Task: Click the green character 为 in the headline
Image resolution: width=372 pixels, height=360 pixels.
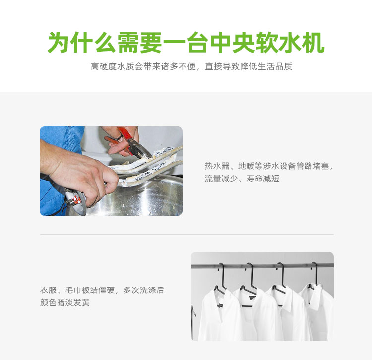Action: point(59,43)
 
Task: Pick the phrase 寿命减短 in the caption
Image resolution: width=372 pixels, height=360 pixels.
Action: point(262,178)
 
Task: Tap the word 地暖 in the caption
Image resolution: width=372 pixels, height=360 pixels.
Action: point(246,166)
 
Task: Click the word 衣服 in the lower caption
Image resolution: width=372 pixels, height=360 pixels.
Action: point(48,290)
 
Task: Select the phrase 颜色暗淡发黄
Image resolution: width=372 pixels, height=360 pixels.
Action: point(65,302)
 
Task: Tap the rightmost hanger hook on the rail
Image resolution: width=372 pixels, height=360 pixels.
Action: point(315,273)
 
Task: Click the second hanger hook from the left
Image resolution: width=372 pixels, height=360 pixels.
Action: point(250,276)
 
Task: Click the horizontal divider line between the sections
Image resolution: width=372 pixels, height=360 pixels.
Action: point(186,234)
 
